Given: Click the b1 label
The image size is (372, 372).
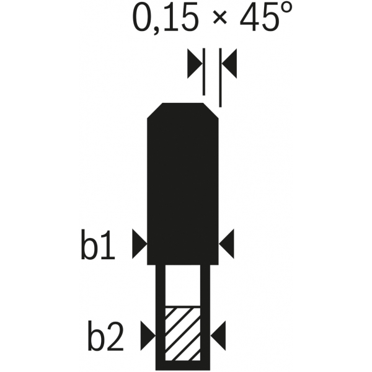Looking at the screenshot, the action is pyautogui.click(x=98, y=244).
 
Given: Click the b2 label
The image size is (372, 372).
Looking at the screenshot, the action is pyautogui.click(x=106, y=335).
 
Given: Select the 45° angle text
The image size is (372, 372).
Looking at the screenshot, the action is pyautogui.click(x=266, y=16).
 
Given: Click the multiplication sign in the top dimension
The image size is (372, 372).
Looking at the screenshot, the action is pyautogui.click(x=220, y=17).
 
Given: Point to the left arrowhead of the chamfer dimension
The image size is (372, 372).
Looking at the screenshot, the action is pyautogui.click(x=195, y=63).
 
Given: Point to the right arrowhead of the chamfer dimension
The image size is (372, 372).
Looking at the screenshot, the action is pyautogui.click(x=229, y=63).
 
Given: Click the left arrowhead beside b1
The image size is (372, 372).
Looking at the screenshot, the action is pyautogui.click(x=139, y=244).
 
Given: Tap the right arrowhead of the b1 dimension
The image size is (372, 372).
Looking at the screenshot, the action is pyautogui.click(x=226, y=244).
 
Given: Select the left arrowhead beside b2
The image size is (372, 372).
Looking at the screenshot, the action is pyautogui.click(x=148, y=335).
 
